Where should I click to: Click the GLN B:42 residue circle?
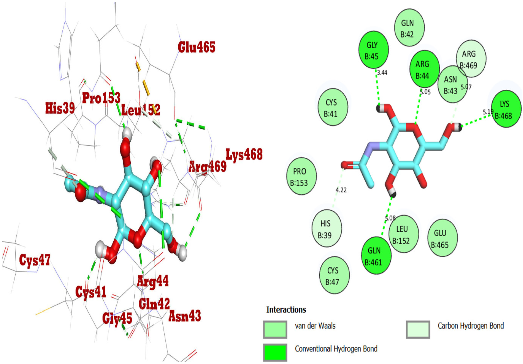pos(409,28)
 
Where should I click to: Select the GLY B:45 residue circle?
pos(373,50)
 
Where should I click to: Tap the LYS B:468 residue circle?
pos(505,109)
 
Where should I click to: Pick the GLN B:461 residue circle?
pos(376,256)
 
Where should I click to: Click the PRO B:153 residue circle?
pos(301,176)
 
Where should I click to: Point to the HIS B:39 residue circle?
pos(326,229)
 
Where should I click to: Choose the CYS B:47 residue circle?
pos(334,275)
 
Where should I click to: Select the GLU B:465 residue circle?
pos(442,238)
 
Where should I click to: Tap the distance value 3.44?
pos(382,73)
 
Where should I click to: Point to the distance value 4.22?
pos(341,190)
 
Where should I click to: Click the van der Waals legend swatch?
pos(275,329)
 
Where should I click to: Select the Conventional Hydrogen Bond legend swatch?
pos(275,352)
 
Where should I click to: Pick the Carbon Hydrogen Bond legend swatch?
pos(417,329)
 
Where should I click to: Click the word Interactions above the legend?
pos(286,310)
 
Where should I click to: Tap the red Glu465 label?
pos(196,47)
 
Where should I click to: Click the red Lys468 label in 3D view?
pos(244,154)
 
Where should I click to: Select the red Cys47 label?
pos(35,260)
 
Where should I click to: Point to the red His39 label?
pos(60,108)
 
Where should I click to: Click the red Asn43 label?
pos(184,316)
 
